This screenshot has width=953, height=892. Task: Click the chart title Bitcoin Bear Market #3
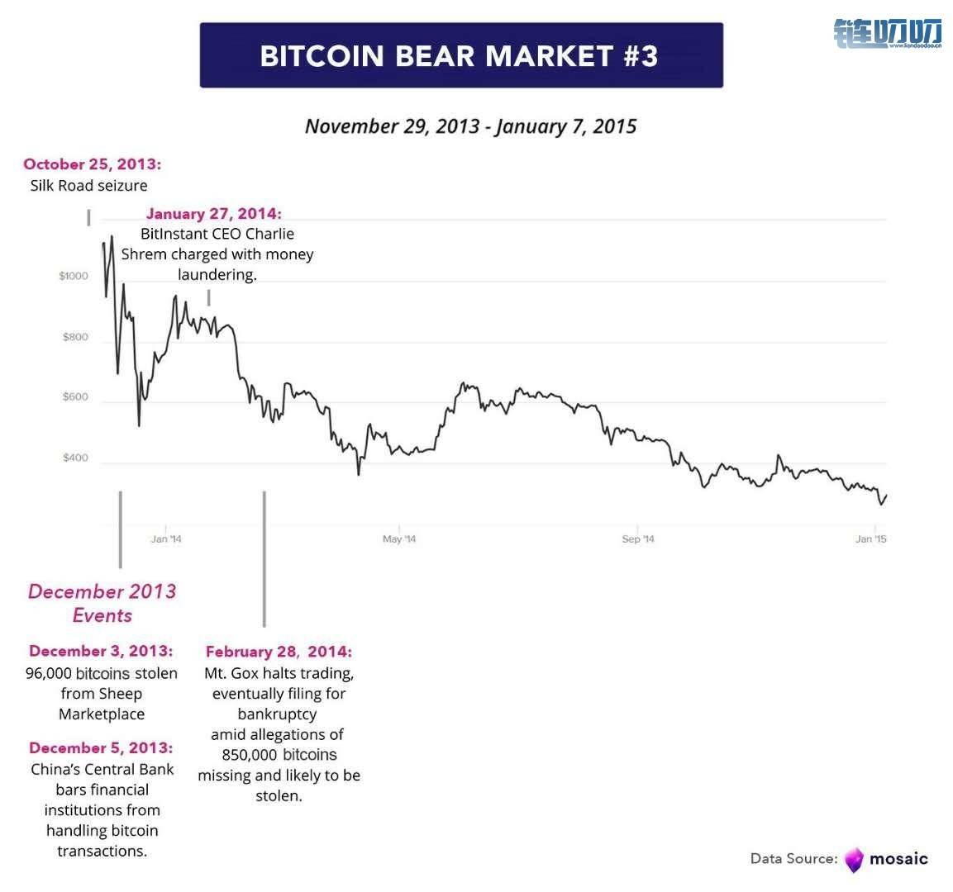tap(460, 55)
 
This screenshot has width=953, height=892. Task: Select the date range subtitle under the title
tap(470, 126)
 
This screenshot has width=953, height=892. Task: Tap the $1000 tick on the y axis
tap(74, 276)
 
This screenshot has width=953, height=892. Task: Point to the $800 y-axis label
tap(75, 337)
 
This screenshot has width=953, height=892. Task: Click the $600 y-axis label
tap(75, 397)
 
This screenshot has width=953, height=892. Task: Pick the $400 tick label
tap(75, 458)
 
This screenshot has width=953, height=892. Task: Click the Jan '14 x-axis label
tap(166, 539)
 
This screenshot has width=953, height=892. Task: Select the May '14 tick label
tap(399, 539)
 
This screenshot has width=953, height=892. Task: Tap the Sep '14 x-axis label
tap(638, 539)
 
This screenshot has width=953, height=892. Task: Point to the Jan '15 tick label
tap(871, 539)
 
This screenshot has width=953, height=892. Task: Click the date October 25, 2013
tap(93, 164)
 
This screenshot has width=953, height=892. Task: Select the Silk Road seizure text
tap(89, 185)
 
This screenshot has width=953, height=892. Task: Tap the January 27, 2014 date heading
tap(214, 214)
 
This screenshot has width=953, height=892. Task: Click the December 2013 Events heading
tap(102, 603)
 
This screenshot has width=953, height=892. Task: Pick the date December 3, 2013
tap(101, 651)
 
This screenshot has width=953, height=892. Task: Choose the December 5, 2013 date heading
tap(101, 747)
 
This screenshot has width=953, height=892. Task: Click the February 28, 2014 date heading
tap(279, 652)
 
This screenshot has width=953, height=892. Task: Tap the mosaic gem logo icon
tap(854, 860)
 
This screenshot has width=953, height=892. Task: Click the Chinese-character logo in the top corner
tap(888, 33)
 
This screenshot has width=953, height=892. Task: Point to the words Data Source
tap(793, 859)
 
